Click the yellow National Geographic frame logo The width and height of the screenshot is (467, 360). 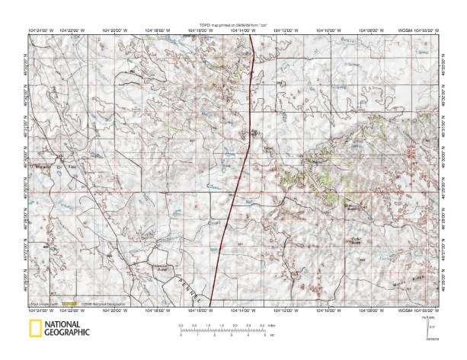34,329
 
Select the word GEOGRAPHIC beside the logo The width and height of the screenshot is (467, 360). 67,333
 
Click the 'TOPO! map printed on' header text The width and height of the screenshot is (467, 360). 226,25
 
